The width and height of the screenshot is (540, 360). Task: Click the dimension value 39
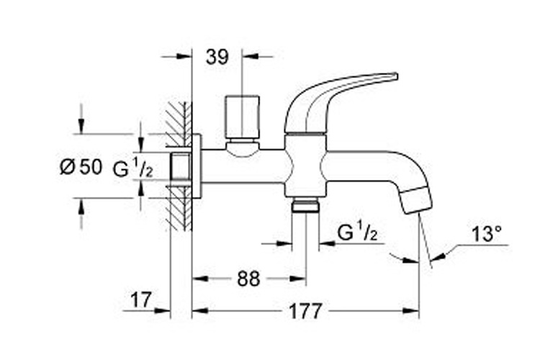[217, 57]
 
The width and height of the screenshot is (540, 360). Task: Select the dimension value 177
[305, 312]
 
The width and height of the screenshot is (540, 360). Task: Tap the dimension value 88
[248, 279]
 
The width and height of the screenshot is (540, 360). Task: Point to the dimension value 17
[143, 300]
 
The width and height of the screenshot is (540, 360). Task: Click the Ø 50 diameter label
[80, 168]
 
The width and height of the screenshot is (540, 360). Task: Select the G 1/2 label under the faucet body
[357, 232]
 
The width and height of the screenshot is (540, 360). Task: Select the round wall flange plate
[196, 166]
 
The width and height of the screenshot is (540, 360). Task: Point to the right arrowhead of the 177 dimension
[415, 312]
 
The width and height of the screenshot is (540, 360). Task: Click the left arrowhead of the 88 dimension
[197, 279]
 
